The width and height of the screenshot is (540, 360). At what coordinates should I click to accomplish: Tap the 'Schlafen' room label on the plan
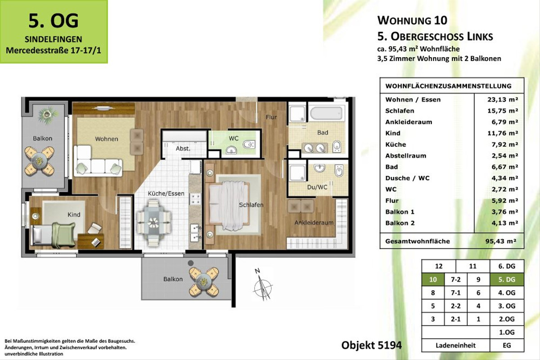click(251, 205)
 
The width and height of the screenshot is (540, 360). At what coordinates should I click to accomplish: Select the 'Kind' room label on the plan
click(74, 215)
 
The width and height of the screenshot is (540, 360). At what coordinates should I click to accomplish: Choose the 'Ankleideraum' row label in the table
click(409, 122)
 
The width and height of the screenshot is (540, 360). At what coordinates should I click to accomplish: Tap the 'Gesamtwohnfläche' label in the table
click(417, 241)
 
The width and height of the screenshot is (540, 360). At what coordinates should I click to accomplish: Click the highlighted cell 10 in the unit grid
click(433, 279)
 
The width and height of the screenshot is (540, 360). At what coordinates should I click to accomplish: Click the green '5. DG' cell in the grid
click(507, 279)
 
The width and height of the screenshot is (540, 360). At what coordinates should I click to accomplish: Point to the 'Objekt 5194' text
click(371, 345)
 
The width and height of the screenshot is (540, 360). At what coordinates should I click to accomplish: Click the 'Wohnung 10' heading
click(412, 20)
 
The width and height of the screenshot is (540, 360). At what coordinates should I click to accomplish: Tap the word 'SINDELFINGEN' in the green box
click(53, 39)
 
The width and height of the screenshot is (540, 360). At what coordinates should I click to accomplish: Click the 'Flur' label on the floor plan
click(271, 117)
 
